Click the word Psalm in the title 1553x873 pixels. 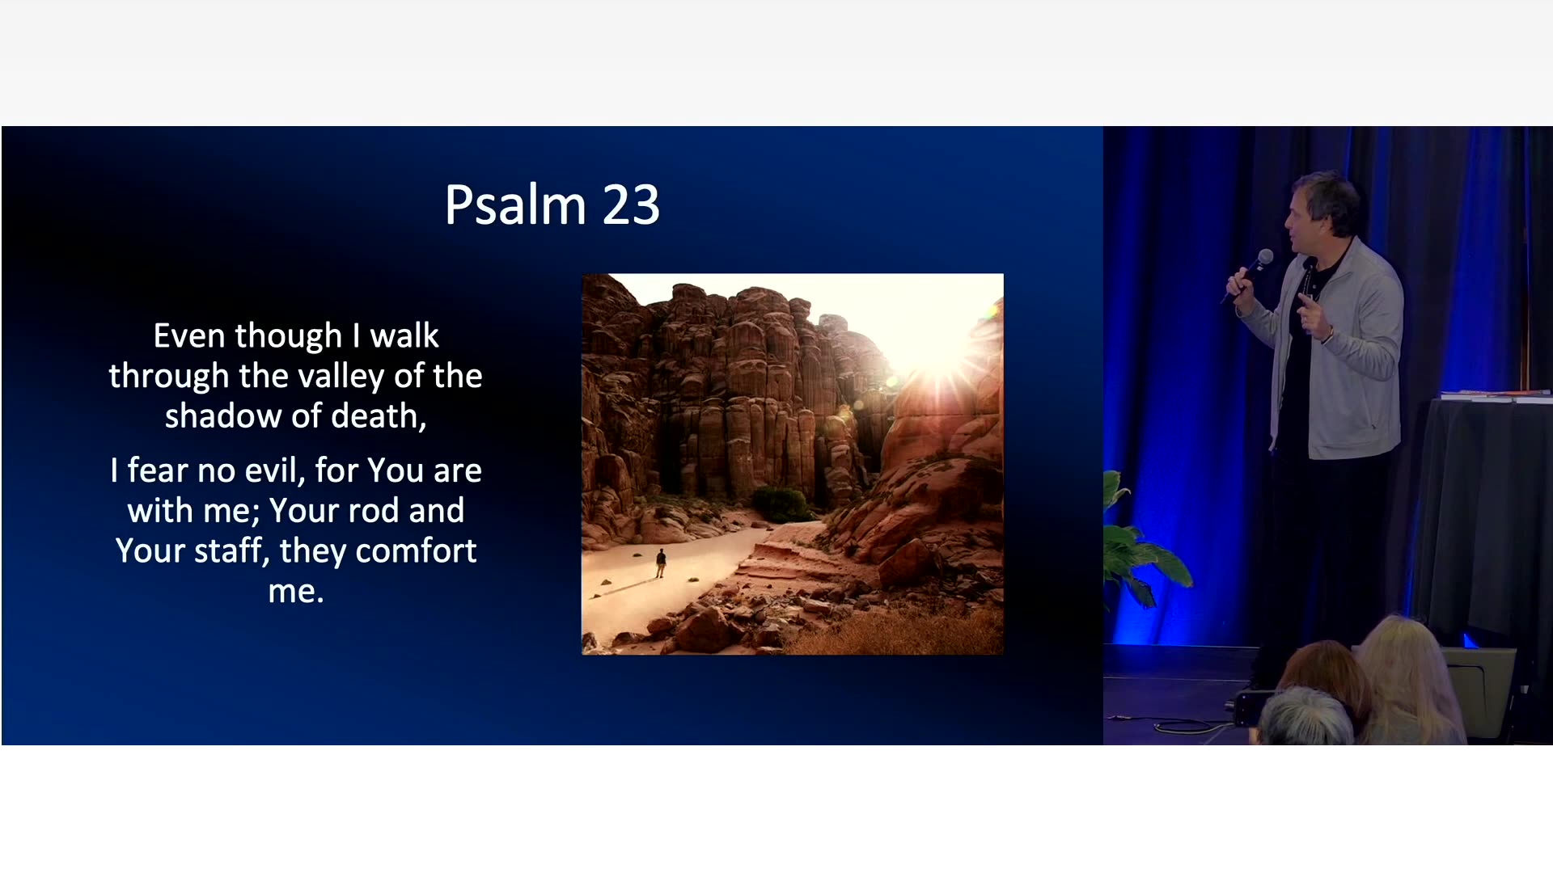pos(514,205)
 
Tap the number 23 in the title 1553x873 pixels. pos(631,205)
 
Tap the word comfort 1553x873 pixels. pos(416,551)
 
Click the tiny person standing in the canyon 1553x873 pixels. pos(661,563)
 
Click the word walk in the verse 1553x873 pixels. pos(404,335)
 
